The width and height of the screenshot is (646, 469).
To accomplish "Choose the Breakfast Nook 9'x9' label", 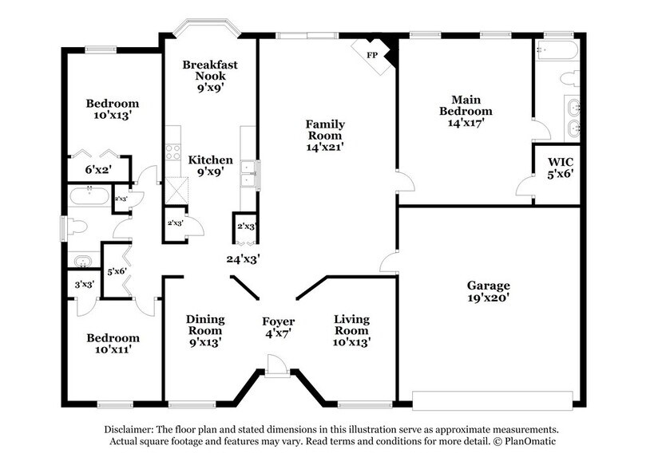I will [210, 77].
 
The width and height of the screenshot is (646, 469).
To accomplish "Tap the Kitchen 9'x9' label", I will [210, 165].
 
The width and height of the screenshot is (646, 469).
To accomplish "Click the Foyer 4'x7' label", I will [279, 329].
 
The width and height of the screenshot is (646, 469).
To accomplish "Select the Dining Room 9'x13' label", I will [204, 329].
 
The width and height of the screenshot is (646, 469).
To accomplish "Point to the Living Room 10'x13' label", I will [351, 329].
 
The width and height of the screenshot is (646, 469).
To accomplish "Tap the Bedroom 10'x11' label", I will [113, 344].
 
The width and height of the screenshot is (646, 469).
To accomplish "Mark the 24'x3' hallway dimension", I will [244, 258].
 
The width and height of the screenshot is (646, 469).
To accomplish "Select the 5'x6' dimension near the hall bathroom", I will [116, 273].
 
